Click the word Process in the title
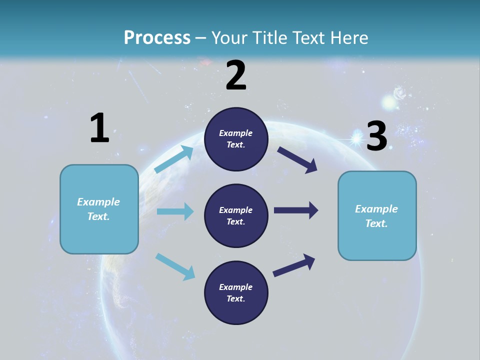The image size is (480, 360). (157, 38)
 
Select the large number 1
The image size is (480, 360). (99, 128)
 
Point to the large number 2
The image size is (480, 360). (236, 75)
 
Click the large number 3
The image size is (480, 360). (376, 136)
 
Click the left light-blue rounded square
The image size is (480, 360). (99, 209)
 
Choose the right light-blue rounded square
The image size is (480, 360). (377, 216)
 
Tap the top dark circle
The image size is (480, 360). (236, 139)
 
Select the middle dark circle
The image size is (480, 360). (236, 216)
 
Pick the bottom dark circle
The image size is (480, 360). (236, 293)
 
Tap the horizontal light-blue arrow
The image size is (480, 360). (175, 211)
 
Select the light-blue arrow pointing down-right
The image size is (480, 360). (175, 266)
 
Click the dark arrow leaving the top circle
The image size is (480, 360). (297, 160)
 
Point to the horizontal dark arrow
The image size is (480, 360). (296, 210)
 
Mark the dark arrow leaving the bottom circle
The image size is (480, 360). (294, 265)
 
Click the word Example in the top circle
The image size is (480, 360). (236, 133)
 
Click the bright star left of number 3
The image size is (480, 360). (356, 137)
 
